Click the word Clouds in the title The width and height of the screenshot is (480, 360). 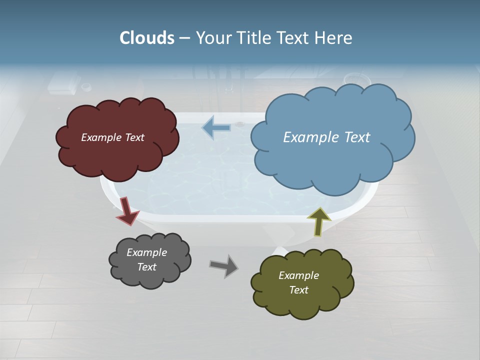(x=147, y=38)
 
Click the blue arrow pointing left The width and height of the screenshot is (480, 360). (x=216, y=127)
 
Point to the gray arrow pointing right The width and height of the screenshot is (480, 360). (x=224, y=266)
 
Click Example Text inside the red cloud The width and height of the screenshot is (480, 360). (x=112, y=137)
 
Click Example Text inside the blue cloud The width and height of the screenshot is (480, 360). (x=326, y=137)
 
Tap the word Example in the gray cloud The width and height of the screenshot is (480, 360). (x=146, y=252)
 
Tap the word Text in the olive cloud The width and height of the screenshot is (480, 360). (x=298, y=290)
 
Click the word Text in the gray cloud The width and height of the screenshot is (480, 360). (x=146, y=267)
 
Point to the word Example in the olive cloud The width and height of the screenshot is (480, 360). (x=298, y=275)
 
